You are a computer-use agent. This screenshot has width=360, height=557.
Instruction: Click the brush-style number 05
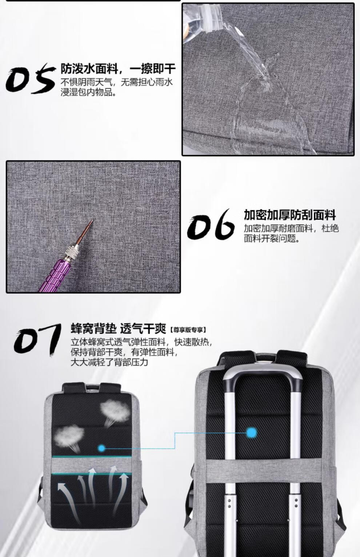(x=30, y=78)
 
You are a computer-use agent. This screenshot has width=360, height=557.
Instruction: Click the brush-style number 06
(x=211, y=224)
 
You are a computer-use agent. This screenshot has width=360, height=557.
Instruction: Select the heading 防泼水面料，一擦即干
(x=118, y=69)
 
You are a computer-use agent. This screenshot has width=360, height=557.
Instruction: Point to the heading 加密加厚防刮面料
(x=290, y=215)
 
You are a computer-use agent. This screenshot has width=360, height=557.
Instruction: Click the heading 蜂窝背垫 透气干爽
(x=118, y=328)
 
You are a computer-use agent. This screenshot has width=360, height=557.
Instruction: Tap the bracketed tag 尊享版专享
(x=188, y=330)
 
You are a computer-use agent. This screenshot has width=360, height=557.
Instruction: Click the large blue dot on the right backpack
(x=252, y=433)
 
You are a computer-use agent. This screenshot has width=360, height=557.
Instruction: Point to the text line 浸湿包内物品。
(x=89, y=92)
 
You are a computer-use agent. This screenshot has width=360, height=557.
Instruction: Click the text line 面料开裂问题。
(x=272, y=238)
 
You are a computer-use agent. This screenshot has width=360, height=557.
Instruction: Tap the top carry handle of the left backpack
(x=92, y=387)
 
